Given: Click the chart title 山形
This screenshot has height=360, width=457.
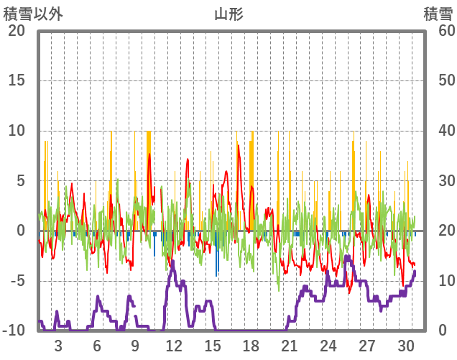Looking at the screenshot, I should pyautogui.click(x=228, y=14).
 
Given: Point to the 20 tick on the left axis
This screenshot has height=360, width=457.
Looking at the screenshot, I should pyautogui.click(x=17, y=30).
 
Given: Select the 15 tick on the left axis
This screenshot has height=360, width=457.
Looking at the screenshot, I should pyautogui.click(x=17, y=80).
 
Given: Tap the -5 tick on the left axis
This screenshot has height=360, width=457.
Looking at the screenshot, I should pyautogui.click(x=17, y=281).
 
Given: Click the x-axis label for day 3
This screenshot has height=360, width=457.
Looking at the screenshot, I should pyautogui.click(x=58, y=345).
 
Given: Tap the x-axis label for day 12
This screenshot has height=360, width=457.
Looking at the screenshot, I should pyautogui.click(x=174, y=345).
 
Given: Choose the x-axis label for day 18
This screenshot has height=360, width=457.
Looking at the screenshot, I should pyautogui.click(x=251, y=345).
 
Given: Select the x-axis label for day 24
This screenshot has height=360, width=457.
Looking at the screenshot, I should pyautogui.click(x=328, y=345).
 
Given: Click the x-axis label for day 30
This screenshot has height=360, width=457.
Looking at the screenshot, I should pyautogui.click(x=405, y=345).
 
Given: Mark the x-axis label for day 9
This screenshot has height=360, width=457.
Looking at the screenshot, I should pyautogui.click(x=135, y=345).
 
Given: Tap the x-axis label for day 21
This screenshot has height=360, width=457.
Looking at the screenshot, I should pyautogui.click(x=290, y=345).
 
